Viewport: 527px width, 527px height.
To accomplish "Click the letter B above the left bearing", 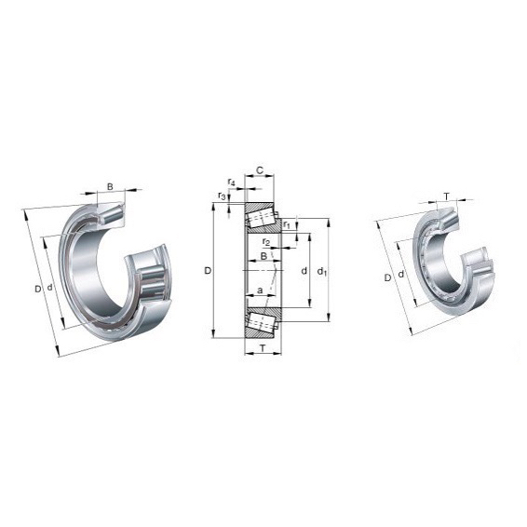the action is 110,186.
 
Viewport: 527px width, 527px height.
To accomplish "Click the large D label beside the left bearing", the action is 38,289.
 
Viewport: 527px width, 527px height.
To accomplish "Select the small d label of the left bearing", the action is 49,288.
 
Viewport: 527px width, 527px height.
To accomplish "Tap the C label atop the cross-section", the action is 260,170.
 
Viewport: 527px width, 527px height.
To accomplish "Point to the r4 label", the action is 231,182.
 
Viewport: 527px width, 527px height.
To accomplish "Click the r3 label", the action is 222,196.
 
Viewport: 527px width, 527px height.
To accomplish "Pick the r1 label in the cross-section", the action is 286,224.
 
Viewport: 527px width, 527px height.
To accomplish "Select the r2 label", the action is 266,242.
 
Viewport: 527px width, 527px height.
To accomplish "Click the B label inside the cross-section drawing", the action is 263,256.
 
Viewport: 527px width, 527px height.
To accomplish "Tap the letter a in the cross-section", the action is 260,291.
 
